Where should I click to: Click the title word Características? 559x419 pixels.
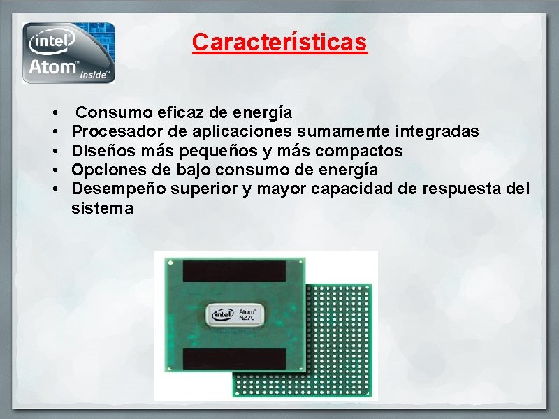pyautogui.click(x=279, y=42)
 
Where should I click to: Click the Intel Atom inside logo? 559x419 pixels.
pyautogui.click(x=68, y=52)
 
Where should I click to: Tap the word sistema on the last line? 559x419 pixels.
pyautogui.click(x=102, y=208)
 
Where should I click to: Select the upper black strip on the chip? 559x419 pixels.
pyautogui.click(x=234, y=271)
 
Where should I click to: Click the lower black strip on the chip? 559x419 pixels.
pyautogui.click(x=234, y=359)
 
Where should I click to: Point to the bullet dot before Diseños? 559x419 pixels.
pyautogui.click(x=55, y=151)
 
